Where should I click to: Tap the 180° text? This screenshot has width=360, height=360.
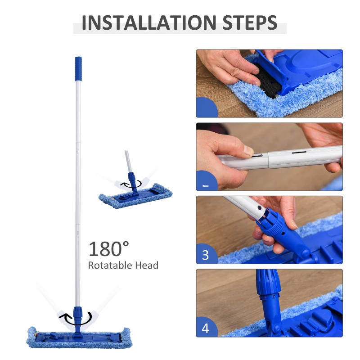click(x=108, y=248)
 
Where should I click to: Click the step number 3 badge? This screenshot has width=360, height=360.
click(x=206, y=255)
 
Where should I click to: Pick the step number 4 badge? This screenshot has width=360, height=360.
click(x=206, y=328)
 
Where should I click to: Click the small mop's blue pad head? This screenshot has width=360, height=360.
click(x=135, y=193)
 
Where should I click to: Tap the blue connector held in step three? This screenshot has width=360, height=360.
click(x=281, y=229)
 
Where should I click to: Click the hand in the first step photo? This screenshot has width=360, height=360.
click(x=229, y=67)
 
